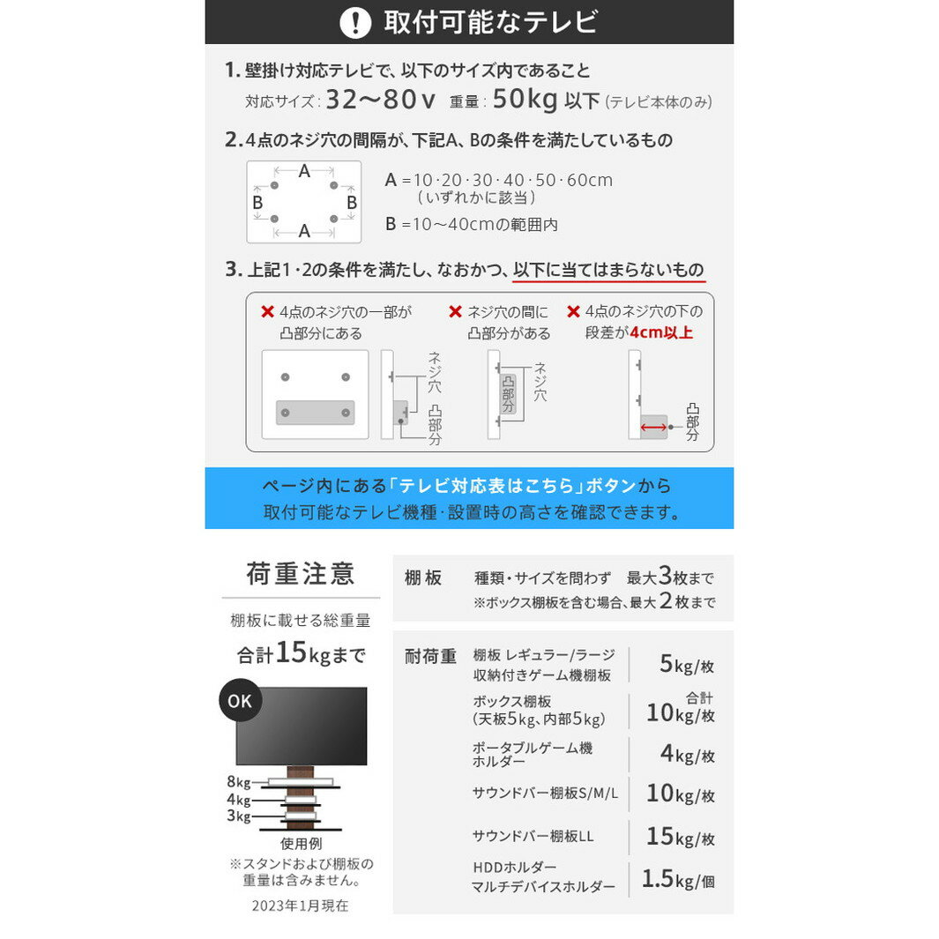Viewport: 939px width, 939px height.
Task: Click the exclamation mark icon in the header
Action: coord(355,22)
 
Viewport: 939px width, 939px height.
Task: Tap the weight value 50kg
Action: coord(525,101)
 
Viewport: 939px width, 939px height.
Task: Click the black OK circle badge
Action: coord(240,702)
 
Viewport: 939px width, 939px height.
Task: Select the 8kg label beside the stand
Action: coord(238,781)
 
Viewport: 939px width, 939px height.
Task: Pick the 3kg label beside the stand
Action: coord(238,816)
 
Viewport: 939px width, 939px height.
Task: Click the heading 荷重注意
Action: coord(301,575)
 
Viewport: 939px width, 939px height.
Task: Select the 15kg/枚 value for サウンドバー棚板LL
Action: coord(680,837)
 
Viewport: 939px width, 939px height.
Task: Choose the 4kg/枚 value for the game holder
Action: coord(687,756)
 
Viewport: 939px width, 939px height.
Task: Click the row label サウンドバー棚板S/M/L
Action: coord(545,793)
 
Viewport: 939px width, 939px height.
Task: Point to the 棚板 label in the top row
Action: coord(423,578)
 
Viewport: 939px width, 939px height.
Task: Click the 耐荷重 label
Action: coord(431,656)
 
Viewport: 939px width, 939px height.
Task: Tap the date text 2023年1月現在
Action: coord(300,905)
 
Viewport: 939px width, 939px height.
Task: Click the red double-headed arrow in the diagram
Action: coord(653,427)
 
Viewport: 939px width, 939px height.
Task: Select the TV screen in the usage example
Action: coord(301,725)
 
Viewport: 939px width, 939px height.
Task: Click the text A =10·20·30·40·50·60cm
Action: coord(499,180)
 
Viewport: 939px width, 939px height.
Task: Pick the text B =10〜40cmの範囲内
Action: coord(472,225)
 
